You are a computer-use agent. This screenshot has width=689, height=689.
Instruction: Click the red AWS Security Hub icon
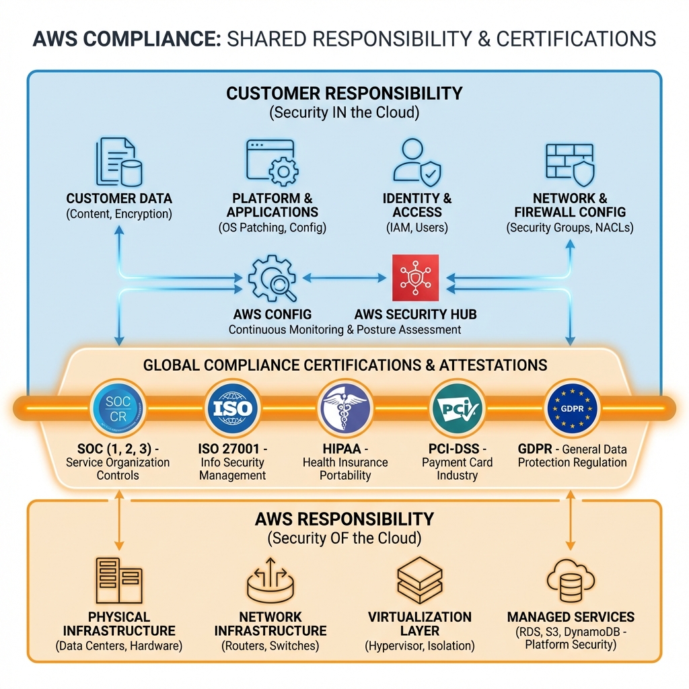[x=415, y=278]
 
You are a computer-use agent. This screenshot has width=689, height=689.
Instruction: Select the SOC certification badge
[x=119, y=408]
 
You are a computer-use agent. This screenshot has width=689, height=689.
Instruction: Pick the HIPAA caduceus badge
[x=345, y=408]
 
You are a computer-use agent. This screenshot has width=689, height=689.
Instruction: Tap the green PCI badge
[x=458, y=408]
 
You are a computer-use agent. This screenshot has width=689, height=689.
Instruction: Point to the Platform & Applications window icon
[x=273, y=162]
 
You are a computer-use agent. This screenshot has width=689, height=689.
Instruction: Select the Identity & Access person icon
[x=416, y=162]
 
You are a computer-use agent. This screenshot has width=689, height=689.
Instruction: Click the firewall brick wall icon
[x=569, y=164]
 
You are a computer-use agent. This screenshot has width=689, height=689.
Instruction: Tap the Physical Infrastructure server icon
[x=118, y=580]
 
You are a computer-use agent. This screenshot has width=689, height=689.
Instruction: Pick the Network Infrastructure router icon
[x=270, y=580]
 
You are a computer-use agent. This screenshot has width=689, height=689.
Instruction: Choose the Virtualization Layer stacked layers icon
[x=419, y=580]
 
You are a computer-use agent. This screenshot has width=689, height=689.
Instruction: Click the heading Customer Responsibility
[x=344, y=93]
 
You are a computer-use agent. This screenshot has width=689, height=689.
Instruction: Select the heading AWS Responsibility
[x=344, y=519]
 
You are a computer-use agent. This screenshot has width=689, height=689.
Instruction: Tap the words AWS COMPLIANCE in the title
[x=126, y=38]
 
